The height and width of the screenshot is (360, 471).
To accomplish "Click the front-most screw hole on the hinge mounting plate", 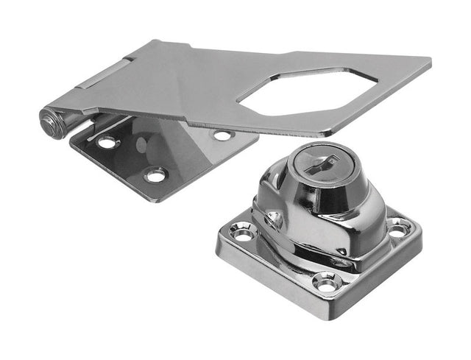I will tap(155, 174).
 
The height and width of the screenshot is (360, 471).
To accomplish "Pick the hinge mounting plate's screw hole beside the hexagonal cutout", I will tap(222, 135).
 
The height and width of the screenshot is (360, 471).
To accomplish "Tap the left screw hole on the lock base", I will tap(242, 232).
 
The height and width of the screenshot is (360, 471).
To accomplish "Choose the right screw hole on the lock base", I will tap(398, 229).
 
